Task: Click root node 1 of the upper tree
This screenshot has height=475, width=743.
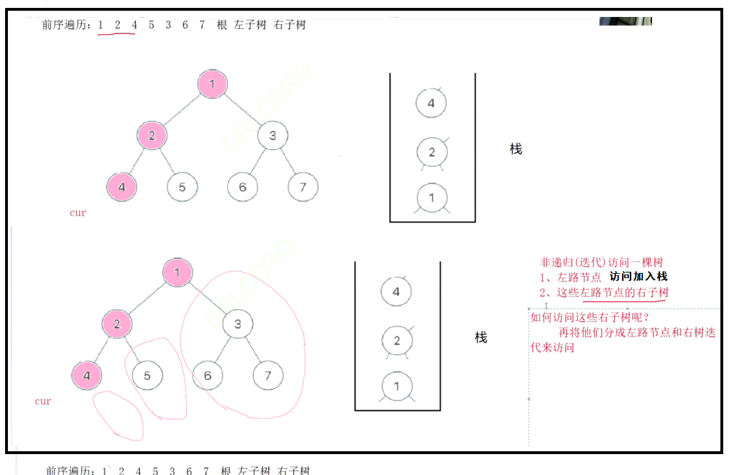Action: point(212,84)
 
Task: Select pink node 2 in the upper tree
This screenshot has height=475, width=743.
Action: point(152,136)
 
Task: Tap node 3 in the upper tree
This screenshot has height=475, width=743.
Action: point(273,136)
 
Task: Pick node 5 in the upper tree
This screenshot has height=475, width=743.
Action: point(182,187)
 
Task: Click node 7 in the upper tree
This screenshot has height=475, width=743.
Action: point(303,187)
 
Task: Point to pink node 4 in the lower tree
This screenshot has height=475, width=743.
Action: point(86,375)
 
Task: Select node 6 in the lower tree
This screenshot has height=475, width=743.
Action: point(207,375)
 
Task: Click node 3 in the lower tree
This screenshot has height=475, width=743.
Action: point(238,324)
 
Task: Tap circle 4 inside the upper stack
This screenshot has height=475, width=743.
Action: point(431,103)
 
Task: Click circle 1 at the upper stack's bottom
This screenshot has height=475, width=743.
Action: point(432,198)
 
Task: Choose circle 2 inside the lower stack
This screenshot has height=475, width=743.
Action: point(397,341)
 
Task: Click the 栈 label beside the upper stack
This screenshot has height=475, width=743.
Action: point(516,149)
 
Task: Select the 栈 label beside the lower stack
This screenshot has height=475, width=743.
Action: point(481,338)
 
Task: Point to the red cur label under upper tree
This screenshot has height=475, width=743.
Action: point(77,213)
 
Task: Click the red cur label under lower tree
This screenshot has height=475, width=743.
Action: point(43,401)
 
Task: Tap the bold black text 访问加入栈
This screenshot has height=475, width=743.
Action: point(638,277)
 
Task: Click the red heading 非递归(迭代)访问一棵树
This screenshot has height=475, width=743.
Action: point(602,262)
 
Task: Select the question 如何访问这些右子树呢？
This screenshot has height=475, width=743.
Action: point(590,317)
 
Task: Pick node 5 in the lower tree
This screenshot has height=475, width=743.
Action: point(147,375)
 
